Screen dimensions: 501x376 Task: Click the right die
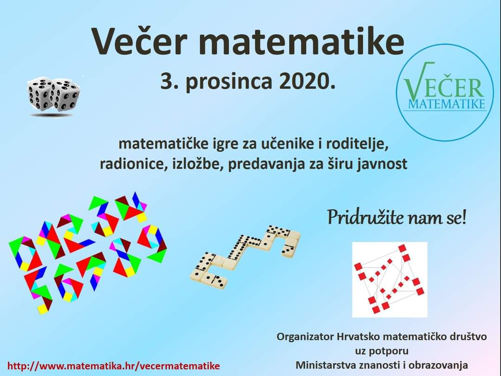point(66,96)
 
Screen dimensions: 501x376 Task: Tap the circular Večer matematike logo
point(445,92)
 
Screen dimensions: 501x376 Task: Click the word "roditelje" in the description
point(357,144)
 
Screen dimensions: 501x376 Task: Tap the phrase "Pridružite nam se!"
point(397,217)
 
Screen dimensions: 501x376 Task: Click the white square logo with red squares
point(390,280)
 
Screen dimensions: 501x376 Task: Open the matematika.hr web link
point(114,366)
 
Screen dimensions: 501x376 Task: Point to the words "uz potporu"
point(382,351)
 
